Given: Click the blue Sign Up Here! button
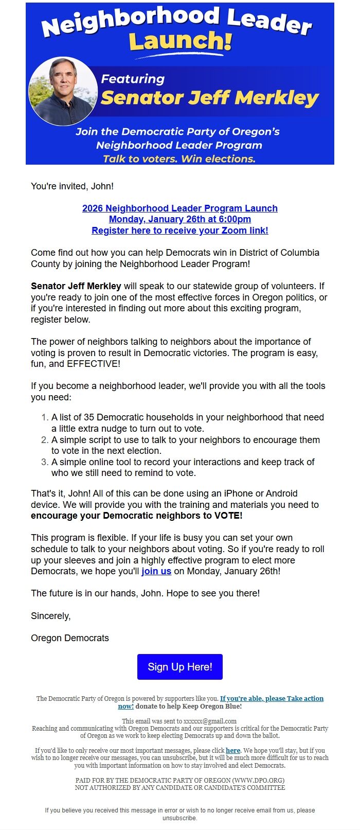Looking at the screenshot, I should (x=179, y=667).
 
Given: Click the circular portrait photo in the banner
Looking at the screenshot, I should (x=63, y=91).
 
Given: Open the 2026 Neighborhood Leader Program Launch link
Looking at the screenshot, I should (x=179, y=208).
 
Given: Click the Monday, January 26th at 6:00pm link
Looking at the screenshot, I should (x=179, y=219).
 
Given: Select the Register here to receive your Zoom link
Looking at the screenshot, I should (x=179, y=231).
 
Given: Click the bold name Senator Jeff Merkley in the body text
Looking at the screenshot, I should (x=76, y=286).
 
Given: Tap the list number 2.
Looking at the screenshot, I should (x=45, y=440).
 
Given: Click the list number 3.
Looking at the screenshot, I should (x=45, y=462).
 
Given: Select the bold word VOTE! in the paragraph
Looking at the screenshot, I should (x=228, y=516).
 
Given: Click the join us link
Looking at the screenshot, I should (x=156, y=571).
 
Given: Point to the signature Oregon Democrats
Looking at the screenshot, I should (x=70, y=638).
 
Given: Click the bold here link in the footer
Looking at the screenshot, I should (x=233, y=750).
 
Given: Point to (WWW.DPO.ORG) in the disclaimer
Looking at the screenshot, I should (x=258, y=780).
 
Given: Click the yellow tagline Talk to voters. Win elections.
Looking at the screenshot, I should (x=179, y=159).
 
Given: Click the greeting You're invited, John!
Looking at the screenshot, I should (x=73, y=186).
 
